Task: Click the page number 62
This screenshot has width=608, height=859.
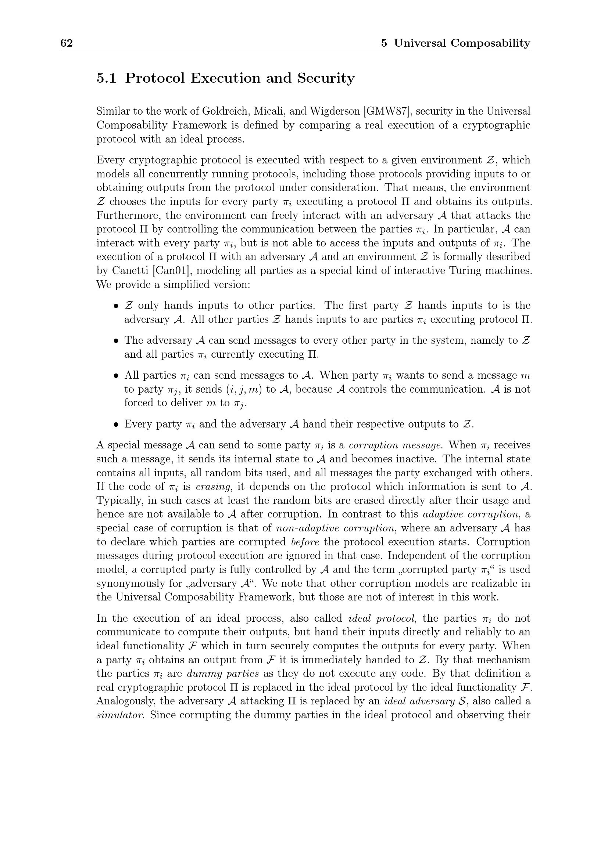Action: [66, 43]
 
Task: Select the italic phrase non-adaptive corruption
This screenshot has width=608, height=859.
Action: [335, 528]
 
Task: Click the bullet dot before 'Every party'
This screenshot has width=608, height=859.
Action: [117, 425]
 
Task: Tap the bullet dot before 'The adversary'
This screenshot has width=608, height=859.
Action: [117, 341]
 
